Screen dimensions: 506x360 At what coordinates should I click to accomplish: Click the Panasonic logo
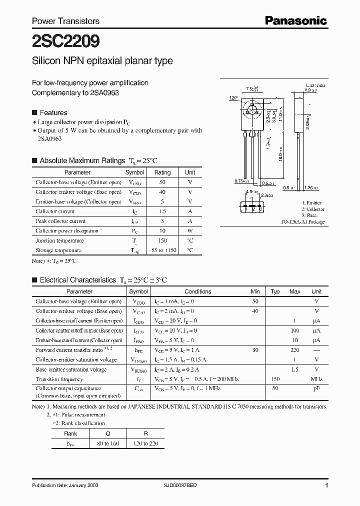click(x=295, y=20)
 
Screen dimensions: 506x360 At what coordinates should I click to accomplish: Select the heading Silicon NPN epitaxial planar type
click(x=102, y=61)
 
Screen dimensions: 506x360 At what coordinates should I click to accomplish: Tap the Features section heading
click(x=53, y=112)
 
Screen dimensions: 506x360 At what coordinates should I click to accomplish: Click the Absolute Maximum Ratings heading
click(x=82, y=160)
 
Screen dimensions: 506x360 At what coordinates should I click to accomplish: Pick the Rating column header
click(x=162, y=172)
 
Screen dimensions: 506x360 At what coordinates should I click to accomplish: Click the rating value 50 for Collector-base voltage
click(x=162, y=182)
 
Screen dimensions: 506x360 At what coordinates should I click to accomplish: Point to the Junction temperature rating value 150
click(x=162, y=240)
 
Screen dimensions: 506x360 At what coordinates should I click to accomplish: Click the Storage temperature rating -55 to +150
click(x=162, y=250)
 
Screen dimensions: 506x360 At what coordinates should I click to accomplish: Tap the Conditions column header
click(x=198, y=291)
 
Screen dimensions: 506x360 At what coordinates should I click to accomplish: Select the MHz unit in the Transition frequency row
click(x=316, y=379)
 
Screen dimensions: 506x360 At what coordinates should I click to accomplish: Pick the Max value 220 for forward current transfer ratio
click(x=295, y=350)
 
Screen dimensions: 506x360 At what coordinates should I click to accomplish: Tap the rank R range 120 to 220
click(x=145, y=443)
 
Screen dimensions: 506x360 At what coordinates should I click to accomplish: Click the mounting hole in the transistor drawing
click(x=253, y=109)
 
